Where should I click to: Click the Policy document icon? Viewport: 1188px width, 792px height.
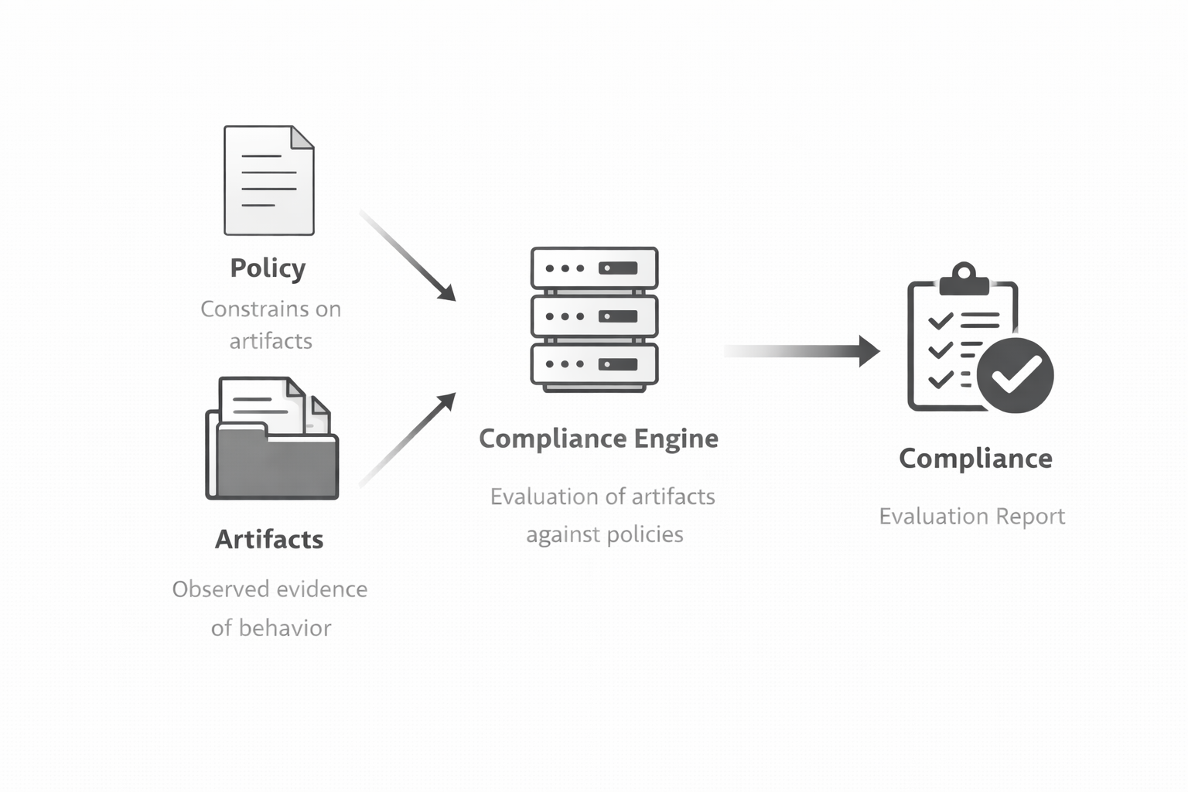pos(268,180)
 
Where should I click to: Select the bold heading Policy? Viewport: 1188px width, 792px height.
pos(268,268)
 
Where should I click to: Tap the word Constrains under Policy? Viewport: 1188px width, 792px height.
pos(246,309)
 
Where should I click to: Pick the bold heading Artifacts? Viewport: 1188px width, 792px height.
pos(269,539)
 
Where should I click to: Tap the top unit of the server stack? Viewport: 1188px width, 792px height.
pos(594,268)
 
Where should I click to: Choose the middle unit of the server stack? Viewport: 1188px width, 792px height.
pos(594,316)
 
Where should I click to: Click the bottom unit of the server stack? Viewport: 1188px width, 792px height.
pos(594,364)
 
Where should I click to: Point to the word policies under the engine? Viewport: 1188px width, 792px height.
pos(644,534)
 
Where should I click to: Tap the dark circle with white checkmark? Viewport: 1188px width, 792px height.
pos(1015,375)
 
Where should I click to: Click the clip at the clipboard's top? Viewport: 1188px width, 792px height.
pos(964,279)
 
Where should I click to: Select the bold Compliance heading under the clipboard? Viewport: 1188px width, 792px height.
pos(975,459)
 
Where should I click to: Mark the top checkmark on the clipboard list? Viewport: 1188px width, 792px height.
pos(940,319)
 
